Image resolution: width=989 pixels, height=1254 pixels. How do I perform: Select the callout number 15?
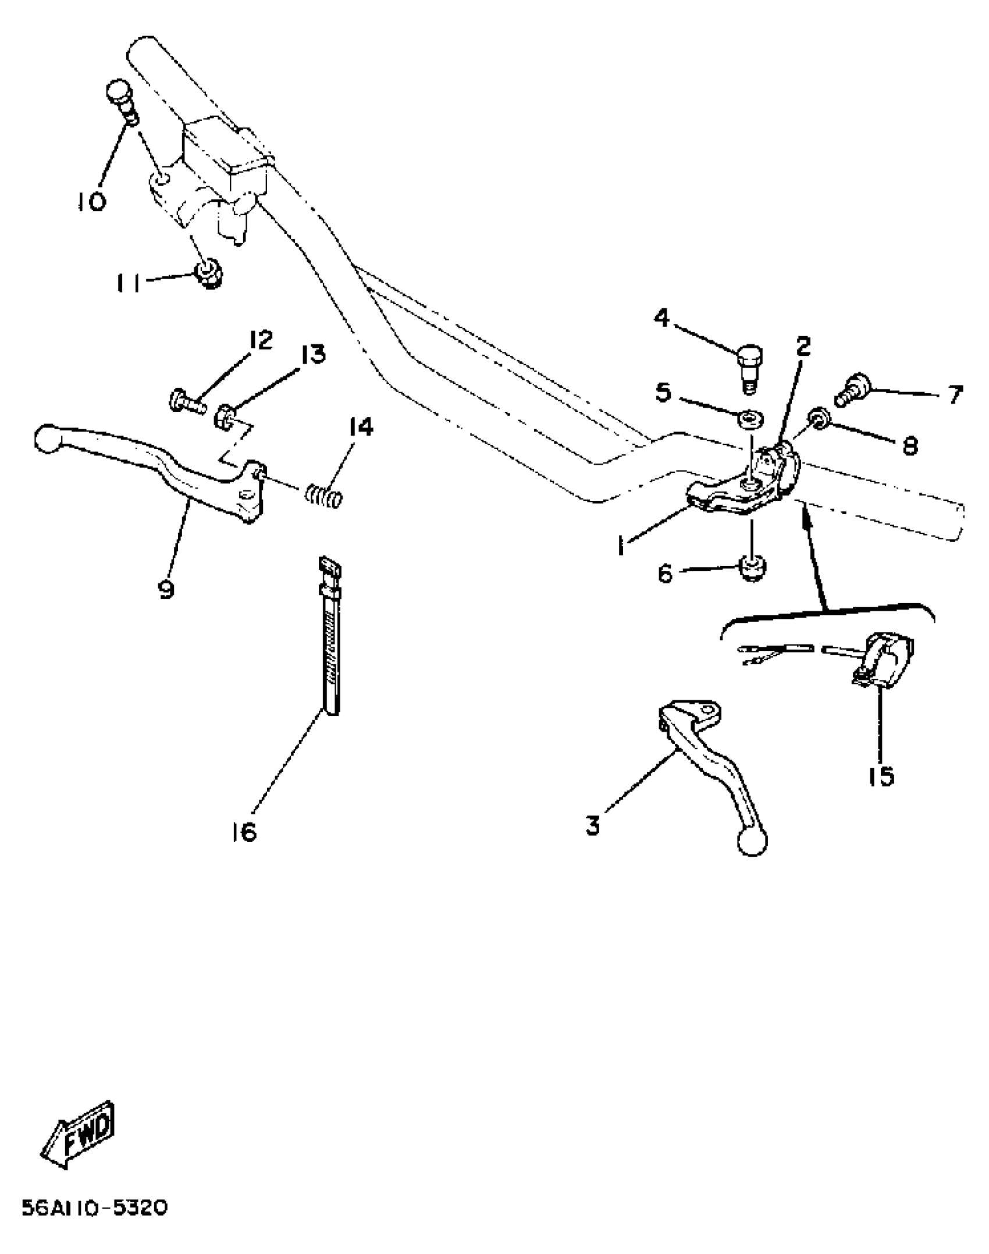click(x=881, y=776)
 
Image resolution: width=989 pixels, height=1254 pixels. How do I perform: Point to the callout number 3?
click(x=593, y=825)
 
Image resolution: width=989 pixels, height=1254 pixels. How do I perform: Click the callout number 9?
click(x=166, y=590)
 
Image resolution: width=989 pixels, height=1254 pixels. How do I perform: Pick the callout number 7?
click(x=955, y=395)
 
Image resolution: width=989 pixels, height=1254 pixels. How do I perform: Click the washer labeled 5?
click(x=751, y=420)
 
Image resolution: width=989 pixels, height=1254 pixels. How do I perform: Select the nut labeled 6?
click(x=752, y=569)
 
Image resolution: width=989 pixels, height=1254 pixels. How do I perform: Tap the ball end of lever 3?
click(x=752, y=842)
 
